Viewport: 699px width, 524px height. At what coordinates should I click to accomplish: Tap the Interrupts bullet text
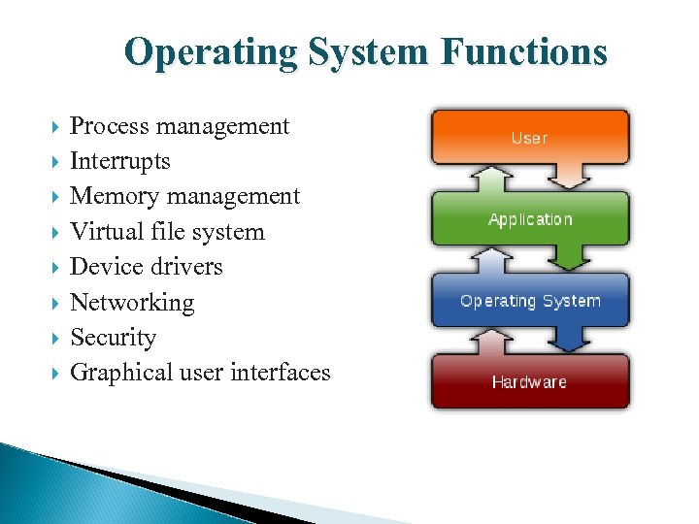(120, 161)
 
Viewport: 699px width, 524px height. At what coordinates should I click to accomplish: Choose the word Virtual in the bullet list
(105, 232)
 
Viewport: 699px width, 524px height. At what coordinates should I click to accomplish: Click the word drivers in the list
(187, 267)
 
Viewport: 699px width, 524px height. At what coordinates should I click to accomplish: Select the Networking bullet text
(132, 303)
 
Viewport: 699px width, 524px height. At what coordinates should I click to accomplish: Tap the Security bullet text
(114, 338)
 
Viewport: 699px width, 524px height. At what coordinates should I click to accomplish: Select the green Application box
(530, 219)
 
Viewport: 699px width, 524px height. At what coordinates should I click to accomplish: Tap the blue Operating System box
(530, 301)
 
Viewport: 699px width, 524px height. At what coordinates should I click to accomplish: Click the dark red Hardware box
(530, 382)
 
